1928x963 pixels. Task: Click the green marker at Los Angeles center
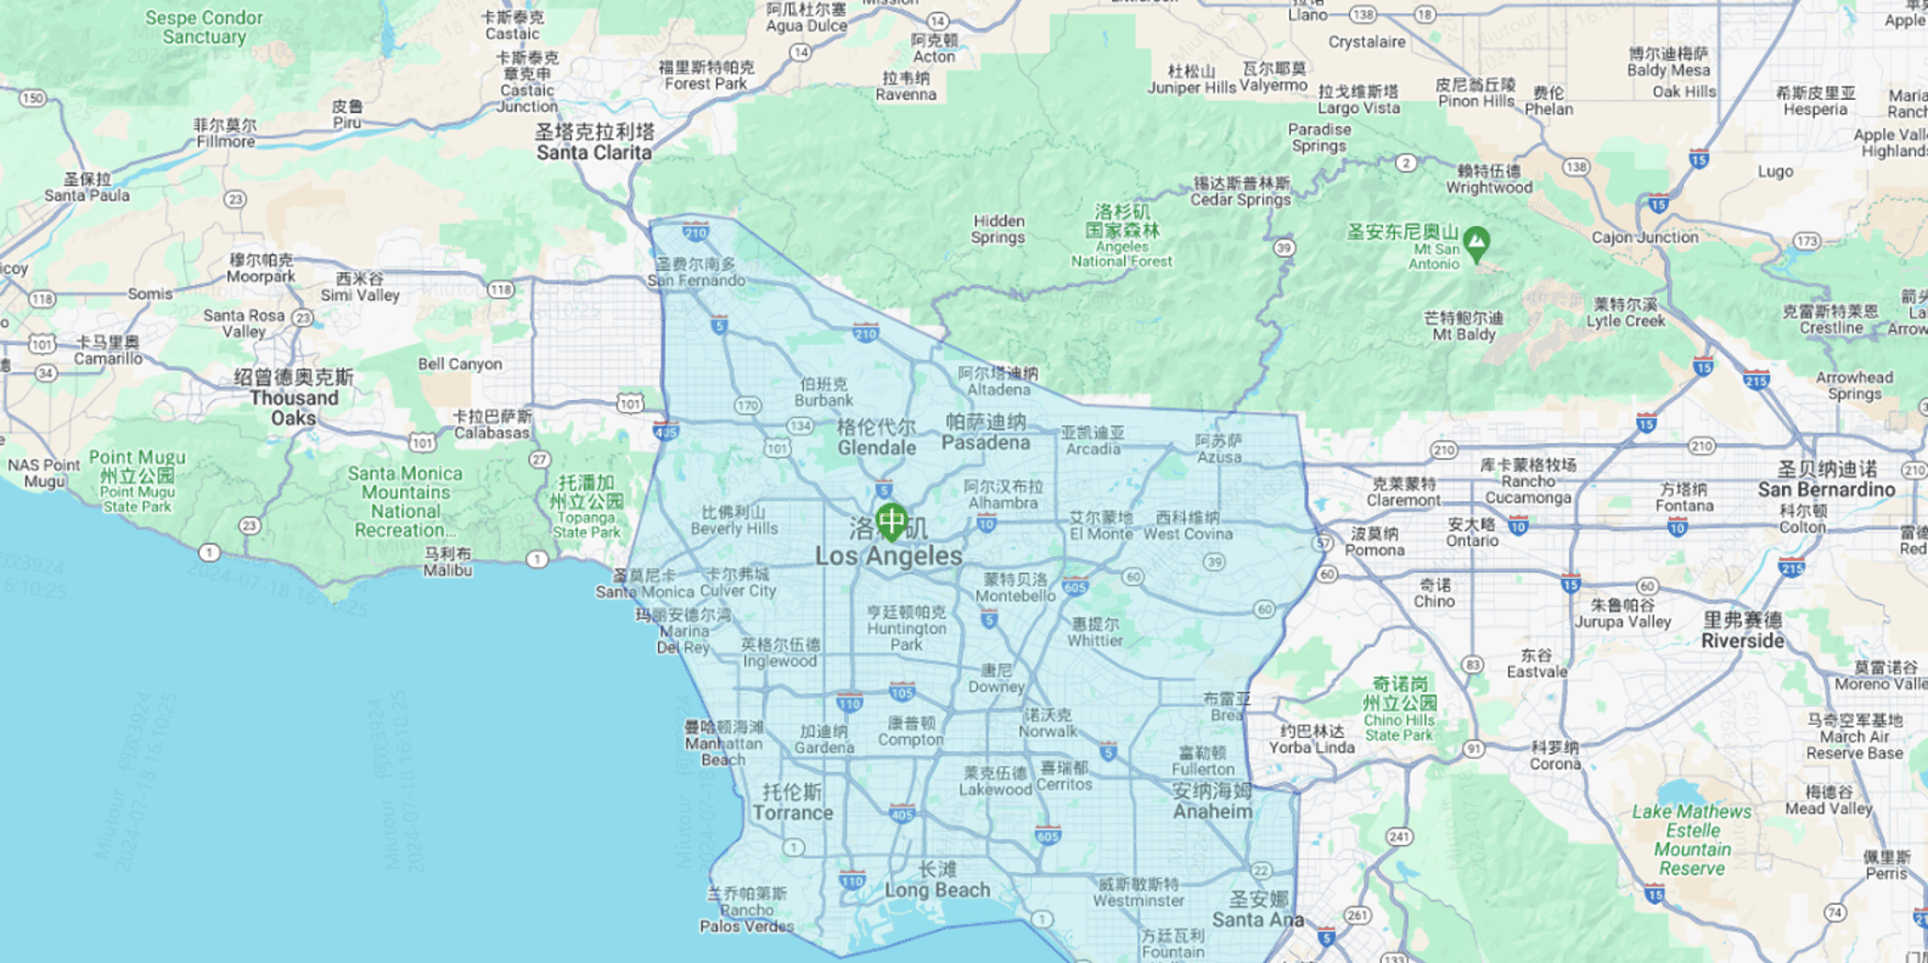[x=891, y=521]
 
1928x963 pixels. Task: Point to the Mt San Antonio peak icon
[x=1476, y=241]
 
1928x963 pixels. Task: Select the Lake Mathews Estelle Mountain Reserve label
[x=1692, y=840]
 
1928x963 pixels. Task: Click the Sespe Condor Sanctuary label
[x=204, y=27]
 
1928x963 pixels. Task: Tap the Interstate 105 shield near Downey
[x=902, y=693]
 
